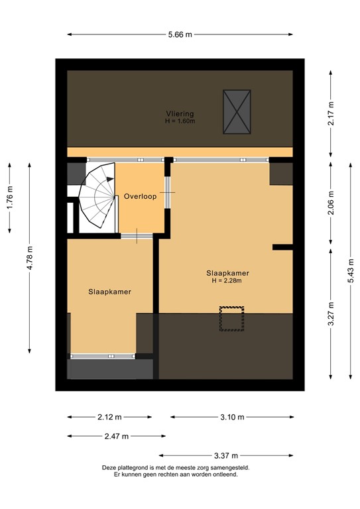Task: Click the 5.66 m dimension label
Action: tap(180, 35)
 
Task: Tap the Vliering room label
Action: tap(180, 113)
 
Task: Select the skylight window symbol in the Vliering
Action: tap(237, 111)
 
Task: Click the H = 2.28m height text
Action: tap(227, 280)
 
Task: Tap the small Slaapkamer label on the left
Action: tap(110, 292)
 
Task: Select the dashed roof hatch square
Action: tap(231, 318)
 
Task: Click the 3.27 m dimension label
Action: tap(331, 313)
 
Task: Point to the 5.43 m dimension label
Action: tap(351, 270)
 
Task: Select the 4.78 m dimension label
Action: tap(29, 258)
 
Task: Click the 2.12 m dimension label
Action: tap(109, 417)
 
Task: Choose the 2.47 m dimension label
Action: tap(116, 436)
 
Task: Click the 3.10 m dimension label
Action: tap(231, 417)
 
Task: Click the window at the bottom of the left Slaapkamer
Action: tap(103, 356)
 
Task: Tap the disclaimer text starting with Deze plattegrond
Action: tap(180, 471)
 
